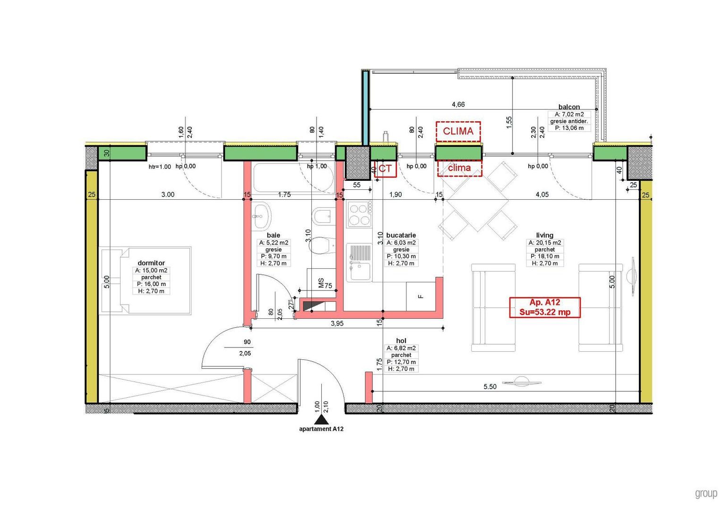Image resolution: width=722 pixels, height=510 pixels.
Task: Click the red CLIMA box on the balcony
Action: (458, 131)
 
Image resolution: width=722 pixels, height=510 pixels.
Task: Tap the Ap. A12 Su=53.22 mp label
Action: (544, 307)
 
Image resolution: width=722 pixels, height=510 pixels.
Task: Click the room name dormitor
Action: (151, 263)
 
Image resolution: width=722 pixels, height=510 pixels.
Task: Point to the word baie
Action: (274, 235)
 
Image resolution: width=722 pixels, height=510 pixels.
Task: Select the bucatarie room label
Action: (401, 235)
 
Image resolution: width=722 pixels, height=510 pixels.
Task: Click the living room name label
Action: (544, 235)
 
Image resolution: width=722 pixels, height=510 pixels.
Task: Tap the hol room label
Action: (401, 340)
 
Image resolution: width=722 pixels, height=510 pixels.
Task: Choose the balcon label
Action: (569, 107)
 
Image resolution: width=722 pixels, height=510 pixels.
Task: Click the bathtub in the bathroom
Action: (293, 178)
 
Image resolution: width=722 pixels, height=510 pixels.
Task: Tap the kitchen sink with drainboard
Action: (359, 263)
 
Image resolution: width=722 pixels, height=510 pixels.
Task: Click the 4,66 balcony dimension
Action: (458, 104)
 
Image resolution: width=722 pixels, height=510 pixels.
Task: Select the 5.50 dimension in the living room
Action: (490, 386)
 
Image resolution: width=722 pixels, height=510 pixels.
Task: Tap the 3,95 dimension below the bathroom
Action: (337, 323)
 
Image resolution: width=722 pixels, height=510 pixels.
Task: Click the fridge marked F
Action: (421, 297)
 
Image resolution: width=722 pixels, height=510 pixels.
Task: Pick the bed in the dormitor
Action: (145, 280)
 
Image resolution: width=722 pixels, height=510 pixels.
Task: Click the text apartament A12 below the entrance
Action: (321, 429)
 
